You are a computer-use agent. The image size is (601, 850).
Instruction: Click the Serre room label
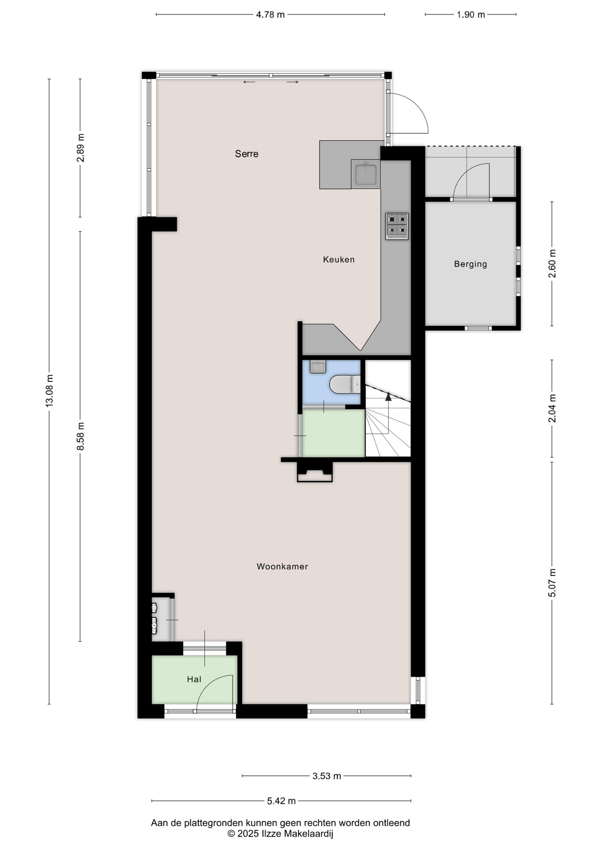click(247, 154)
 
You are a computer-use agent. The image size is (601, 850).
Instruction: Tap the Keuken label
click(339, 260)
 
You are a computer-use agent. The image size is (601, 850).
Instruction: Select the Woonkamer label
click(282, 566)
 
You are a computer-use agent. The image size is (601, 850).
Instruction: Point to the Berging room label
click(470, 264)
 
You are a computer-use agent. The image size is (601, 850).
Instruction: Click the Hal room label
click(194, 679)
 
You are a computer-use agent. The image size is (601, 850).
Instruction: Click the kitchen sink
click(366, 174)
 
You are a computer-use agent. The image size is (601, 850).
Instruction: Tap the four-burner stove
click(397, 226)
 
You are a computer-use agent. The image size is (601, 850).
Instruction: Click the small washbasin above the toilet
click(318, 367)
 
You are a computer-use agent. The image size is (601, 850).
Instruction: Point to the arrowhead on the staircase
click(388, 396)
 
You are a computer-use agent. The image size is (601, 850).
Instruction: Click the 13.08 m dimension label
click(50, 390)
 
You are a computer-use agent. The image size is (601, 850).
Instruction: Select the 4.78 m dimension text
click(270, 15)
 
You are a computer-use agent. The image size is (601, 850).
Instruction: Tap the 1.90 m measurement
click(471, 15)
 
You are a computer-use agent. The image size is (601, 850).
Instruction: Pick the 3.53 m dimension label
click(327, 776)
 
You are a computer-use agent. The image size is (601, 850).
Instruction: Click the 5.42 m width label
click(281, 800)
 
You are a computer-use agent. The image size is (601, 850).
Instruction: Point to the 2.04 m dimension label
click(552, 408)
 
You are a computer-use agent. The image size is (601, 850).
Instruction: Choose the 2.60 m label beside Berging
click(552, 264)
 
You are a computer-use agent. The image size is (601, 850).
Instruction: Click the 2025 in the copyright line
click(247, 834)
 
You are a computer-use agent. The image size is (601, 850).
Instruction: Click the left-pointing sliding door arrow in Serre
click(249, 82)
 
